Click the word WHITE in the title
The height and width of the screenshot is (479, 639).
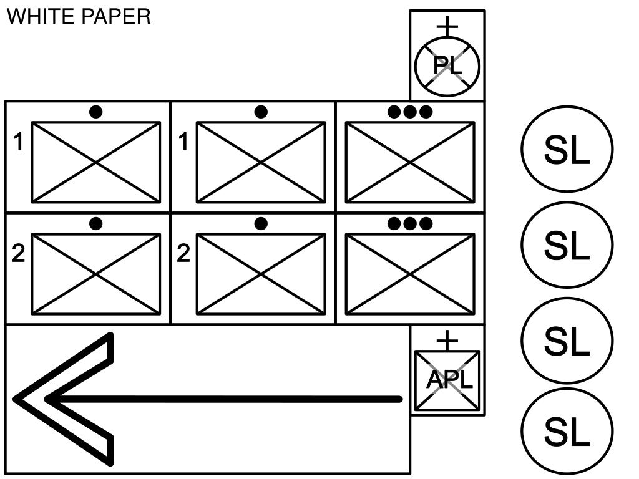click(38, 16)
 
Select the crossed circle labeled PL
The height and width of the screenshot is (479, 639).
click(447, 65)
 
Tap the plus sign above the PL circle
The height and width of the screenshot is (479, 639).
click(447, 26)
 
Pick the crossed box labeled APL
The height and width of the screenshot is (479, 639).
click(447, 380)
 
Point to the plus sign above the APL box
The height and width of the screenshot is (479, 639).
click(447, 340)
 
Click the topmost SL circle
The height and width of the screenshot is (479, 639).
click(567, 150)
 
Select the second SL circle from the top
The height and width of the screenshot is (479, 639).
click(567, 246)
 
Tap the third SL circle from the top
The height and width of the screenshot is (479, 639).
click(567, 341)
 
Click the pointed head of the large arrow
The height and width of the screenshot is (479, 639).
click(37, 399)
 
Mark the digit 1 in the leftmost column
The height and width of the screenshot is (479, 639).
click(19, 143)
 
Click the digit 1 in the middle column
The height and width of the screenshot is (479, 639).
click(183, 143)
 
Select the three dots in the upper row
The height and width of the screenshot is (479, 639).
click(409, 112)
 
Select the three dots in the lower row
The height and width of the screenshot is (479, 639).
click(409, 223)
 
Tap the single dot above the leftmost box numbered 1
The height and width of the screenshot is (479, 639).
click(95, 112)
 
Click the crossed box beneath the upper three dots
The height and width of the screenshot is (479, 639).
click(410, 162)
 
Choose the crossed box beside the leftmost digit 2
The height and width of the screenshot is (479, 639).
click(96, 274)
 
